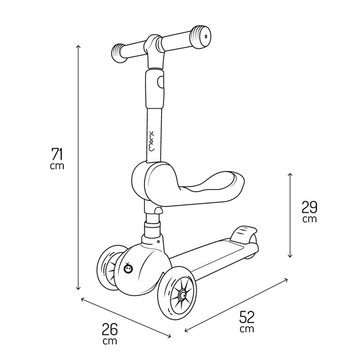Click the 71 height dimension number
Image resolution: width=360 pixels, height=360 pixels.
[57, 154]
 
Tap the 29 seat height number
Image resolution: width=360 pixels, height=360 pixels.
[310, 207]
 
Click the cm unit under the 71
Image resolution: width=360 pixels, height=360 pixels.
[58, 166]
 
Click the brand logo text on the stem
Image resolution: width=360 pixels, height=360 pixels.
[154, 140]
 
